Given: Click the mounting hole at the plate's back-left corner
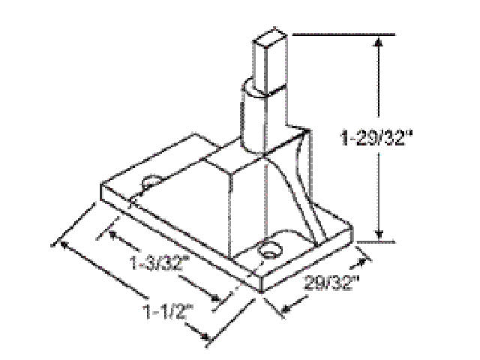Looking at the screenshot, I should (151, 182).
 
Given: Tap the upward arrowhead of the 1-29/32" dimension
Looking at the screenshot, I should (381, 42).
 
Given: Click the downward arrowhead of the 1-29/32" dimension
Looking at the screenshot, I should (381, 235).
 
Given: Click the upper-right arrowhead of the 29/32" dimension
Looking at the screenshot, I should (367, 260).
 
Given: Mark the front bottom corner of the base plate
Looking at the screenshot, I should (259, 291).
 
